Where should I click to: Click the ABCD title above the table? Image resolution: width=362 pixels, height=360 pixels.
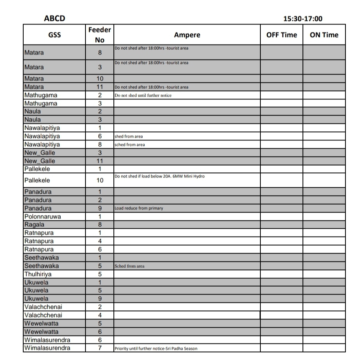55,18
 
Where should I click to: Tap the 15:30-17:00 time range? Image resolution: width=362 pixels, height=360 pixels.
303,19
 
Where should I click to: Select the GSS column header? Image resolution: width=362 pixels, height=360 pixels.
54,35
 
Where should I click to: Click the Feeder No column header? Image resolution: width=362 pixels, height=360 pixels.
100,35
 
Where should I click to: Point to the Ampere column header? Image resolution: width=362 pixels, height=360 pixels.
187,35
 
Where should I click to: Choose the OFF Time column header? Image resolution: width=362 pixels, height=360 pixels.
282,35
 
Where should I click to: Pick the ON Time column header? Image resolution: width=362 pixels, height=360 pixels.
324,35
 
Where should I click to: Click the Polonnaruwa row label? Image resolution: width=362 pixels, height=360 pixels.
43,216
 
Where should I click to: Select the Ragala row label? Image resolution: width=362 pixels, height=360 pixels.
34,225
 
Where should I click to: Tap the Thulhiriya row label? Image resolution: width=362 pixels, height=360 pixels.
38,274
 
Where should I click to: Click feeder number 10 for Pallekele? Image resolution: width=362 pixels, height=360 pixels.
100,180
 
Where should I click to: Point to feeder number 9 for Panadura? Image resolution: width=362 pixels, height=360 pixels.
100,208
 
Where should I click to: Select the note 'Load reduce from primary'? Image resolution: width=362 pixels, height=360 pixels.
139,208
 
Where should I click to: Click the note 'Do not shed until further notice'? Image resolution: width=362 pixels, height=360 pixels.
143,95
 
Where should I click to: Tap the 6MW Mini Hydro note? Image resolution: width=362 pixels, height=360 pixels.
160,176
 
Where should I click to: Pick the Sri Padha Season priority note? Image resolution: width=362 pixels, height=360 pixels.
156,349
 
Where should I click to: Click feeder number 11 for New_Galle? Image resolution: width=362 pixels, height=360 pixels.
100,161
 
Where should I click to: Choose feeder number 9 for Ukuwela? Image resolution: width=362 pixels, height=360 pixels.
100,298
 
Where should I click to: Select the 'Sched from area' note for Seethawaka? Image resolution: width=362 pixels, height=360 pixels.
129,266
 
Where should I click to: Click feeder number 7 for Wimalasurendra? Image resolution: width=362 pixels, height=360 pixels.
100,348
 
